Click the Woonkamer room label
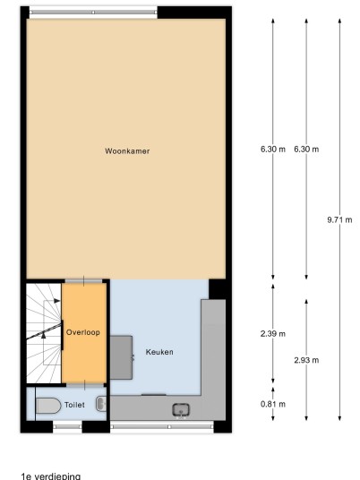pyautogui.click(x=127, y=151)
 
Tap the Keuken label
pyautogui.click(x=159, y=352)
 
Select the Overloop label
pyautogui.click(x=83, y=332)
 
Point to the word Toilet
pyautogui.click(x=74, y=405)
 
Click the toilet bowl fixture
pyautogui.click(x=48, y=406)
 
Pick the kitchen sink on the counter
pyautogui.click(x=181, y=410)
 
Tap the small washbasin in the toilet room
pyautogui.click(x=101, y=404)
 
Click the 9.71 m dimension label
pyautogui.click(x=339, y=219)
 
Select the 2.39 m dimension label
pyautogui.click(x=273, y=334)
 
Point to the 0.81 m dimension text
pyautogui.click(x=273, y=404)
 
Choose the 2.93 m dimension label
pyautogui.click(x=306, y=360)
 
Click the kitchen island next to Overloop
pyautogui.click(x=121, y=357)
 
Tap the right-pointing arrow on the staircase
pyautogui.click(x=57, y=301)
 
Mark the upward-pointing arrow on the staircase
pyautogui.click(x=44, y=335)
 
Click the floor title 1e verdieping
pyautogui.click(x=51, y=476)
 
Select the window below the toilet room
pyautogui.click(x=67, y=426)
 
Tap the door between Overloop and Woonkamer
pyautogui.click(x=83, y=280)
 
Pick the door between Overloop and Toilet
pyautogui.click(x=85, y=385)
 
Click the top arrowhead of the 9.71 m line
pyautogui.click(x=339, y=21)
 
